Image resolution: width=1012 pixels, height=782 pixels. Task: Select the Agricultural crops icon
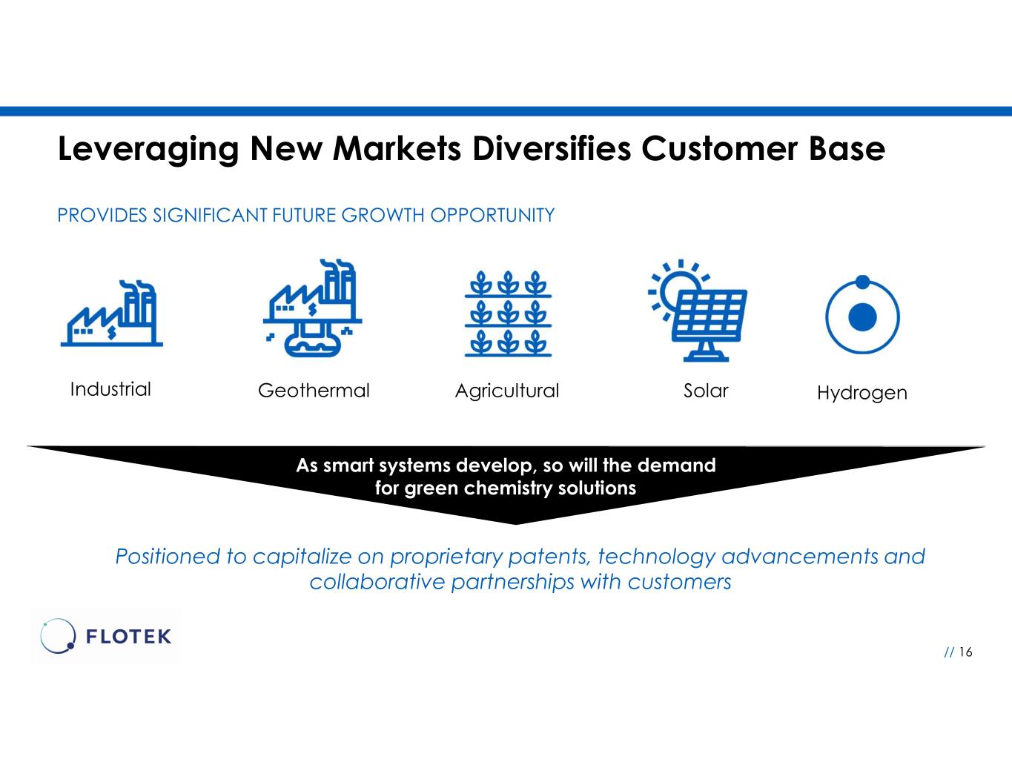(508, 314)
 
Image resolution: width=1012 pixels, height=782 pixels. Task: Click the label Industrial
(110, 389)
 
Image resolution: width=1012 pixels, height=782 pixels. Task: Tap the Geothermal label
(314, 391)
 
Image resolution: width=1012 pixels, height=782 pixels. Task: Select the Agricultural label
(506, 391)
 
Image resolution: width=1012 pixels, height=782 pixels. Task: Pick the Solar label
(706, 391)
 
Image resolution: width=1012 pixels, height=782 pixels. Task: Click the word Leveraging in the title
(148, 150)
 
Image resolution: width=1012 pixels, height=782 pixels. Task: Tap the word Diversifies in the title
(552, 149)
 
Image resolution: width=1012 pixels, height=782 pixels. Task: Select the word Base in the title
(847, 149)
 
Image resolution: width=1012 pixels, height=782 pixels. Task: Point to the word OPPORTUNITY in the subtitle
(492, 215)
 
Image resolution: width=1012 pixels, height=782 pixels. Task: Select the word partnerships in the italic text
(513, 583)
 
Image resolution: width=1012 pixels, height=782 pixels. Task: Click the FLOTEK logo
(106, 636)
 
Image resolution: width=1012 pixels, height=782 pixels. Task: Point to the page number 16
(966, 652)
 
